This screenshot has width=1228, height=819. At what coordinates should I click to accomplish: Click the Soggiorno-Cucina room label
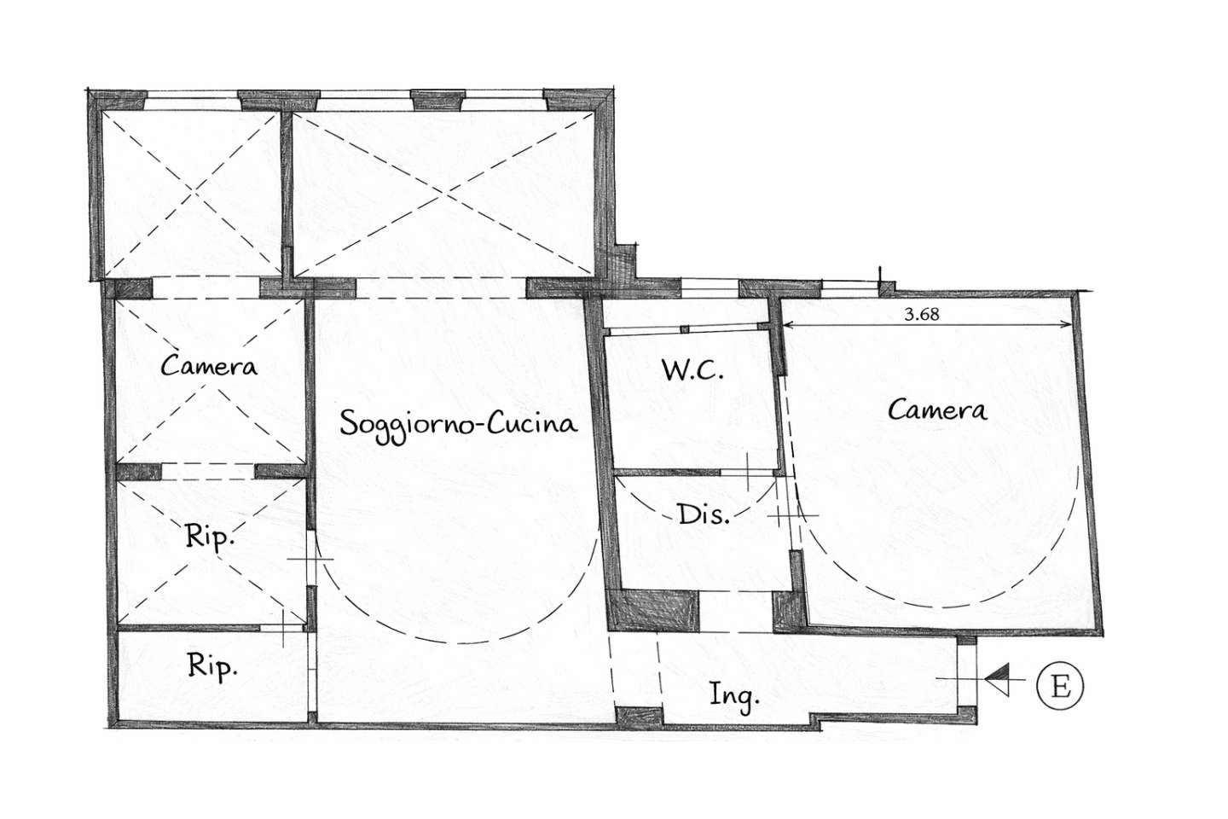[458, 424]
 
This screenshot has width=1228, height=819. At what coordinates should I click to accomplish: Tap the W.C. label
[693, 370]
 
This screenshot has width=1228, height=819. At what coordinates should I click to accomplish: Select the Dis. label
[704, 514]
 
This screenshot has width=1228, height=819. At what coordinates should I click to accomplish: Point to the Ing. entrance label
[734, 695]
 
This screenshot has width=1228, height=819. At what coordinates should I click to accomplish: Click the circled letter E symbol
[1060, 686]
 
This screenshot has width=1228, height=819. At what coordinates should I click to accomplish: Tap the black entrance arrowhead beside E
[997, 680]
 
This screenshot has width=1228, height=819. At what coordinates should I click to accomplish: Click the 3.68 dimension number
[922, 314]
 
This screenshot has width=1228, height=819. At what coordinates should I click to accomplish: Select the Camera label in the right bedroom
[937, 410]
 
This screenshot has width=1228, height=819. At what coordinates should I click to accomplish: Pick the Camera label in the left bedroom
[209, 365]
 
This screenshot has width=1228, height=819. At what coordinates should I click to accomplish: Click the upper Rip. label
[210, 537]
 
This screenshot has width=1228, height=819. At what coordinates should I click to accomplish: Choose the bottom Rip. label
[212, 666]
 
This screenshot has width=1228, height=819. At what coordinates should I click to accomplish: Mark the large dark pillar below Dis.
[653, 611]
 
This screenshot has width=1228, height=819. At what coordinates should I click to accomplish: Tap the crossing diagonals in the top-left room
[193, 193]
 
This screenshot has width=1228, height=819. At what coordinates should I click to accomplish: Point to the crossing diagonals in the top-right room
[443, 195]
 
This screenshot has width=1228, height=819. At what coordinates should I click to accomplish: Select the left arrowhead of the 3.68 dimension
[787, 325]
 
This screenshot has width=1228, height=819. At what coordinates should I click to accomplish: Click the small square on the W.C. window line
[684, 329]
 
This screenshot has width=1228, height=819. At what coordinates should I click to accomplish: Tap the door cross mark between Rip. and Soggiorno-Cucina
[310, 560]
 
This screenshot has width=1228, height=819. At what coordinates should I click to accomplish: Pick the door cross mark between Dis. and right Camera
[793, 515]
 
